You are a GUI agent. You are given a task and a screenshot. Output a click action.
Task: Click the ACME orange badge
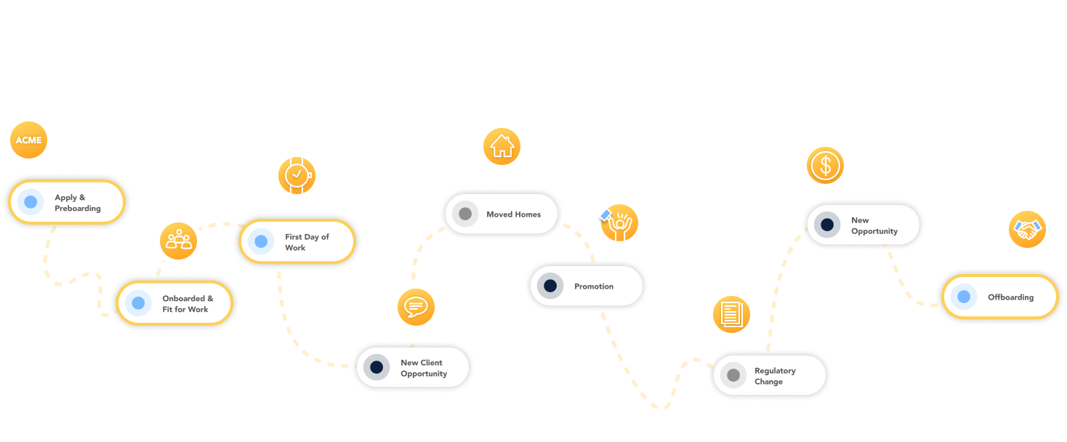click(29, 140)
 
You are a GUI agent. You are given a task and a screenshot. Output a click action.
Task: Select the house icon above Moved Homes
click(502, 146)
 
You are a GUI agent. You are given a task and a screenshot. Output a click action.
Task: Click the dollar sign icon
click(825, 165)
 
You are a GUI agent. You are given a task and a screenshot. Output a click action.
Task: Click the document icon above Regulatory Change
click(730, 314)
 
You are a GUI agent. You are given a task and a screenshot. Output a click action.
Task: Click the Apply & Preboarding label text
click(77, 203)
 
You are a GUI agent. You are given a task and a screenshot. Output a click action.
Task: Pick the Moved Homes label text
click(513, 214)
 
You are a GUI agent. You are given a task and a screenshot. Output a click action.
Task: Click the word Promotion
click(594, 286)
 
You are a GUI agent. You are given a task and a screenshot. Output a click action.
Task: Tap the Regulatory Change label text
click(775, 376)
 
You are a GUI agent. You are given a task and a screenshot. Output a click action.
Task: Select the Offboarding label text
click(1010, 297)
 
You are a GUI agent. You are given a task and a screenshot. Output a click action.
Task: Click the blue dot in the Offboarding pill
click(964, 297)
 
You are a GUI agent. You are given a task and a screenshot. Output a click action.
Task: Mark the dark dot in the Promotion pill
click(550, 286)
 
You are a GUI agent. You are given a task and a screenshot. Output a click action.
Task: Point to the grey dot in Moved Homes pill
click(465, 214)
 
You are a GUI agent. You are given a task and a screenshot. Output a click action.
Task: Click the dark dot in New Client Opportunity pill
click(377, 368)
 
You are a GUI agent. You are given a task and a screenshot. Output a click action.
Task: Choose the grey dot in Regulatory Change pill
click(733, 375)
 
